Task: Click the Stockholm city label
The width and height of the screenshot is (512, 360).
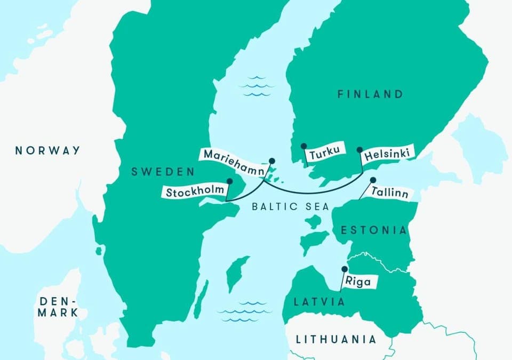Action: point(195,193)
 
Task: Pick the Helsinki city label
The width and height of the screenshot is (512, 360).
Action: point(388,155)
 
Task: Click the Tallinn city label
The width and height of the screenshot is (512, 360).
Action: point(390,193)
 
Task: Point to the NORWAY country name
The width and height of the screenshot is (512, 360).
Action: point(47,150)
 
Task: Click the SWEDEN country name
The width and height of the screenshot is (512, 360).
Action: point(163,172)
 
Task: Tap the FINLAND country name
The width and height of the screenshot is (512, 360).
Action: point(370,94)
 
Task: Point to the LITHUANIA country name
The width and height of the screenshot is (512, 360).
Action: point(336,339)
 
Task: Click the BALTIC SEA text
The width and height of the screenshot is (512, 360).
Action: point(291,206)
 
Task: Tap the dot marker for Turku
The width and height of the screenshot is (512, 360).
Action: point(303,146)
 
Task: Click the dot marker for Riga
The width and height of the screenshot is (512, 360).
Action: point(345,269)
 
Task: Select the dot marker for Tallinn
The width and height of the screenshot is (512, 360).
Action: point(373,180)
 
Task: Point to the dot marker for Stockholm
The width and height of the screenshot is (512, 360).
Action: point(230,181)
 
